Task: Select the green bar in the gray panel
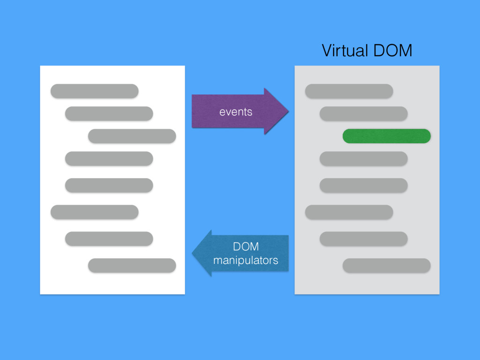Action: click(387, 136)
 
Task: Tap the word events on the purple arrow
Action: click(236, 112)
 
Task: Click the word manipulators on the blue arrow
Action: click(245, 260)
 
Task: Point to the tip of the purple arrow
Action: click(287, 111)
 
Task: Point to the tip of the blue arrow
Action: click(193, 253)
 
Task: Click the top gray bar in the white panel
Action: click(94, 91)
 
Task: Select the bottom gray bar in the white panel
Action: click(132, 265)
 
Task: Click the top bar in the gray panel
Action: click(349, 91)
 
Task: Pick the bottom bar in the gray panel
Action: click(387, 265)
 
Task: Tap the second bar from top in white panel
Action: click(109, 113)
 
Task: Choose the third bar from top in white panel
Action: click(132, 136)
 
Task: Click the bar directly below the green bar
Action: click(363, 158)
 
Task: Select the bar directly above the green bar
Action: click(363, 113)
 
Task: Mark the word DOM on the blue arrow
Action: click(246, 247)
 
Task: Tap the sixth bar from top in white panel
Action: click(94, 212)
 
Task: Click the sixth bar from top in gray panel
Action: click(349, 212)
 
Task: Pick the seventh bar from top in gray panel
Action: click(363, 239)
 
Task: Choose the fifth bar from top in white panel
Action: click(109, 185)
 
